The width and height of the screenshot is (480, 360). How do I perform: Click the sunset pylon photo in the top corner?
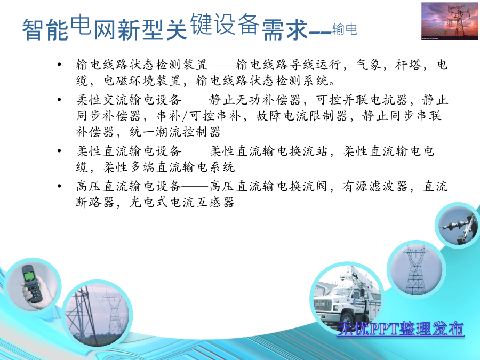pyautogui.click(x=450, y=21)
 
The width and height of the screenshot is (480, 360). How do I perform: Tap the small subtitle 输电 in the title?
pyautogui.click(x=345, y=29)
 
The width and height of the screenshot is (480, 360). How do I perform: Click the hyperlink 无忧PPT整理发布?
pyautogui.click(x=401, y=329)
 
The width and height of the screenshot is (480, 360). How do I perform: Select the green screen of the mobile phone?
pyautogui.click(x=29, y=276)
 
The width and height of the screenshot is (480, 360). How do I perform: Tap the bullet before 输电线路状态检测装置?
pyautogui.click(x=59, y=65)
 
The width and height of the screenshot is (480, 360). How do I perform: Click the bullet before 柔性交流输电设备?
pyautogui.click(x=59, y=100)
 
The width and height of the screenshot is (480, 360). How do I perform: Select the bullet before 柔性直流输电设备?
pyautogui.click(x=59, y=151)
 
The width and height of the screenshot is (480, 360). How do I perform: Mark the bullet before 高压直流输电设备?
pyautogui.click(x=59, y=186)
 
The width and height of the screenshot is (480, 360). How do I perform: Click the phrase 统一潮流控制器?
pyautogui.click(x=175, y=132)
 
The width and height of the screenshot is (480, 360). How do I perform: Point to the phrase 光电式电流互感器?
pyautogui.click(x=182, y=202)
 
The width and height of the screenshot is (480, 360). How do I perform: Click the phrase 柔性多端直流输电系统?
pyautogui.click(x=169, y=167)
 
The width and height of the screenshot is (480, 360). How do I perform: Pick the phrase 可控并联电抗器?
pyautogui.click(x=362, y=100)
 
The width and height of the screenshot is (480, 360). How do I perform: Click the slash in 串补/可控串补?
pyautogui.click(x=185, y=116)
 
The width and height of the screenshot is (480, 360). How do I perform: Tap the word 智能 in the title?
pyautogui.click(x=45, y=30)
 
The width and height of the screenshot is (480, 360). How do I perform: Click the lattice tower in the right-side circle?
pyautogui.click(x=415, y=270)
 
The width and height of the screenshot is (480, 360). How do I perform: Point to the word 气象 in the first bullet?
pyautogui.click(x=369, y=65)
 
